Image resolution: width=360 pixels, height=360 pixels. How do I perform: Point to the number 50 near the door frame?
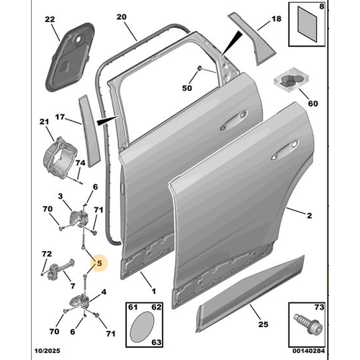tap(187, 88)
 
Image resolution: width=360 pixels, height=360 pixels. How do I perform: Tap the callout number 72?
tap(46, 254)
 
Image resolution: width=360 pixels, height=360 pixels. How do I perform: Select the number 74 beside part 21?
tap(78, 164)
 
